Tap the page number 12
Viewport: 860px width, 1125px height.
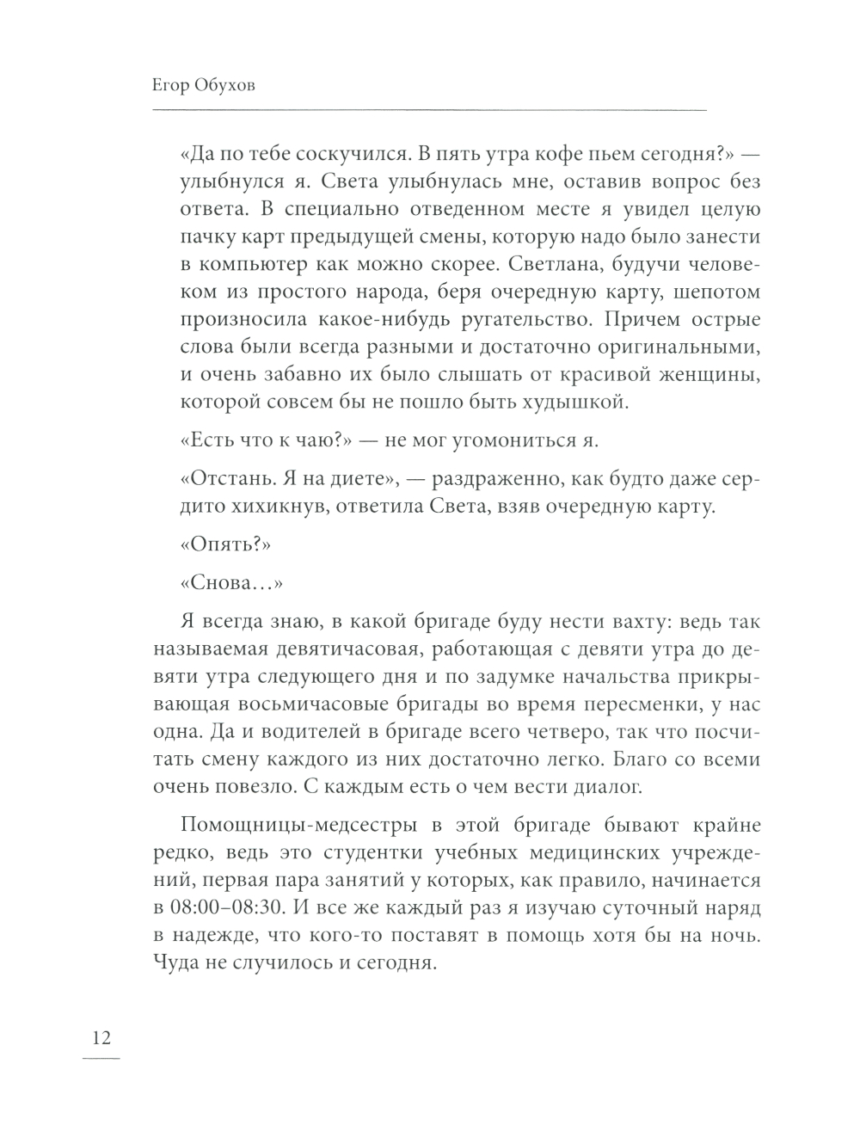click(x=101, y=1037)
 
